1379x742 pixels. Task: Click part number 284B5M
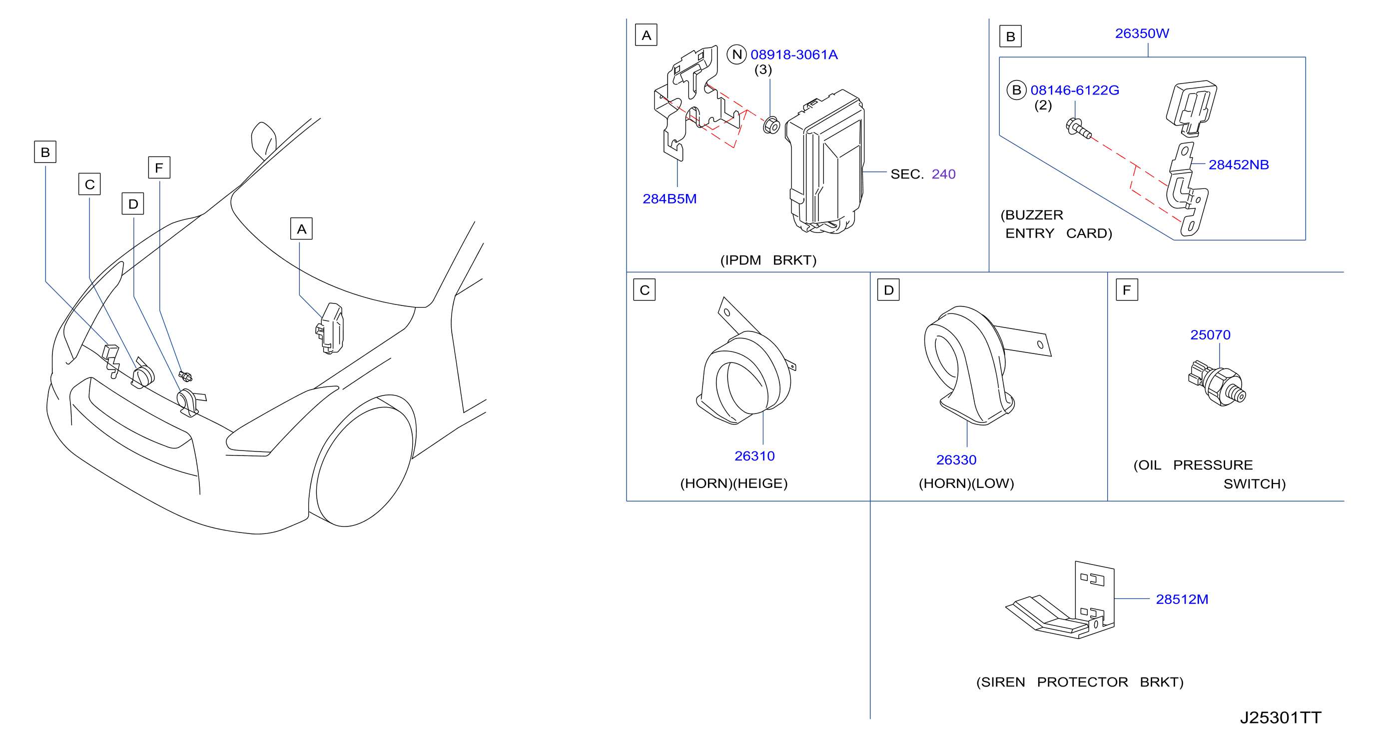tap(669, 199)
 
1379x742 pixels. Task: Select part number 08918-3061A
tap(794, 54)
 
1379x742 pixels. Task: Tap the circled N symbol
tap(736, 54)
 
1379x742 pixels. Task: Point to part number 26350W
tap(1142, 33)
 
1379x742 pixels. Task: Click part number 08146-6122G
tap(1074, 90)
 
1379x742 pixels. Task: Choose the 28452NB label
tap(1238, 164)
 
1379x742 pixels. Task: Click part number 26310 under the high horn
tap(754, 456)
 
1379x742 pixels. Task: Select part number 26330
tap(956, 459)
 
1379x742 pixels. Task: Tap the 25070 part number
tap(1210, 335)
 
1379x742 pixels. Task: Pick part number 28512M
tap(1182, 599)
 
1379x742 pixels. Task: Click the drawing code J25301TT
tap(1281, 717)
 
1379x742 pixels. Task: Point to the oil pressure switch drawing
tap(1217, 383)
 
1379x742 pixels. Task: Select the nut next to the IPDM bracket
tap(771, 125)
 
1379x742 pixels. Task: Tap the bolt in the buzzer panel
tap(1078, 129)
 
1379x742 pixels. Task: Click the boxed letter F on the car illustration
tap(159, 167)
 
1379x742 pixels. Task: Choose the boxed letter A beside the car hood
tap(301, 229)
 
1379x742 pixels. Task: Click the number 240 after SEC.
tap(943, 174)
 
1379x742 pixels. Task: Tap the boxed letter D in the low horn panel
tap(889, 290)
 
